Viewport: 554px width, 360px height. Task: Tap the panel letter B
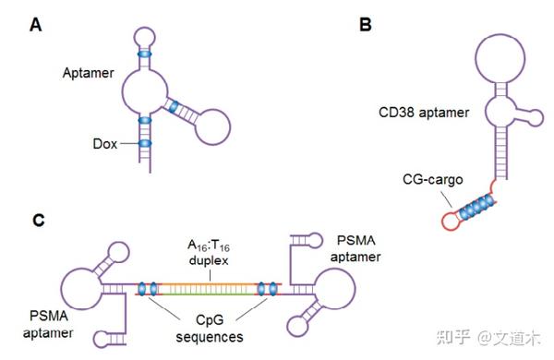click(x=365, y=25)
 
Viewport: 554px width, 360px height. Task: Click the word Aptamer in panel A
click(x=89, y=71)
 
